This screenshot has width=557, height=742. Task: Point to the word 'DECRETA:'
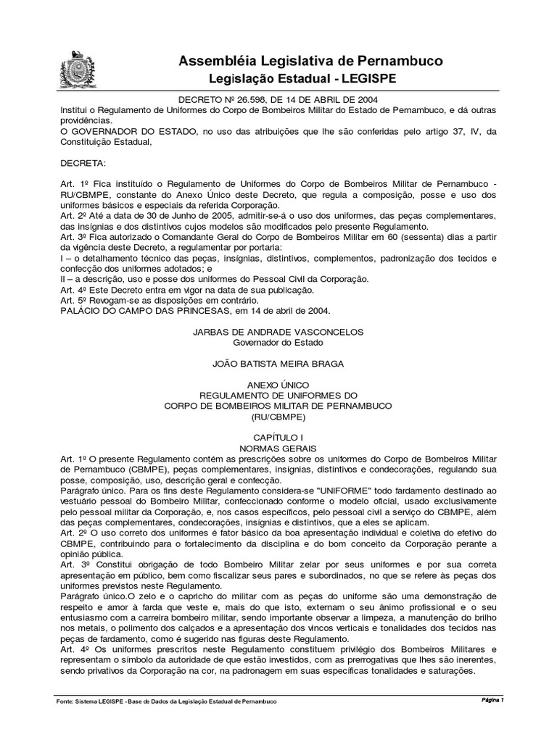tap(83, 164)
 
